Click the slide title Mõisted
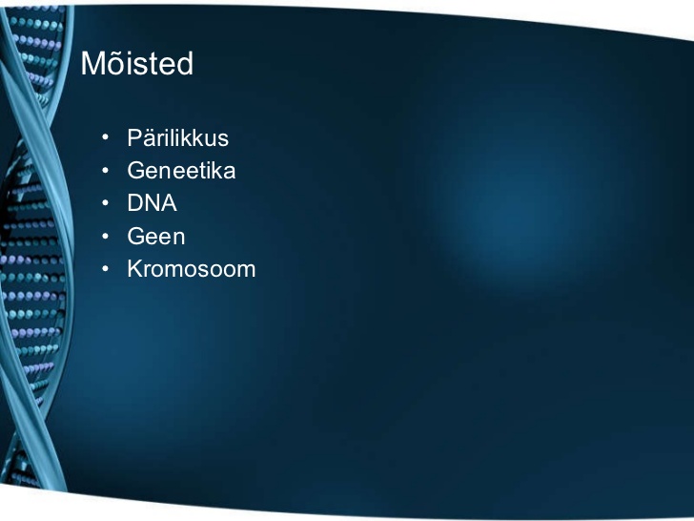pyautogui.click(x=137, y=63)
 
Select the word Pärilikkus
pyautogui.click(x=178, y=137)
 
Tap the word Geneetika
pyautogui.click(x=181, y=171)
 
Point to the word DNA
pyautogui.click(x=152, y=203)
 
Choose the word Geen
pyautogui.click(x=156, y=236)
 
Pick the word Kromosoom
pyautogui.click(x=192, y=269)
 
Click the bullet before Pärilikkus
pyautogui.click(x=105, y=137)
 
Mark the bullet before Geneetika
pyautogui.click(x=105, y=170)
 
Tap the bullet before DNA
pyautogui.click(x=105, y=203)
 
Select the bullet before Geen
pyautogui.click(x=105, y=236)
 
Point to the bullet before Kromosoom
pyautogui.click(x=105, y=268)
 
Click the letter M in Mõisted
pyautogui.click(x=93, y=64)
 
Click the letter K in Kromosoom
pyautogui.click(x=135, y=269)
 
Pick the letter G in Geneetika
pyautogui.click(x=136, y=171)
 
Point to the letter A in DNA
pyautogui.click(x=169, y=203)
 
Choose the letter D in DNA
pyautogui.click(x=134, y=203)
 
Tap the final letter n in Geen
pyautogui.click(x=179, y=238)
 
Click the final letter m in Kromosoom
pyautogui.click(x=247, y=271)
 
